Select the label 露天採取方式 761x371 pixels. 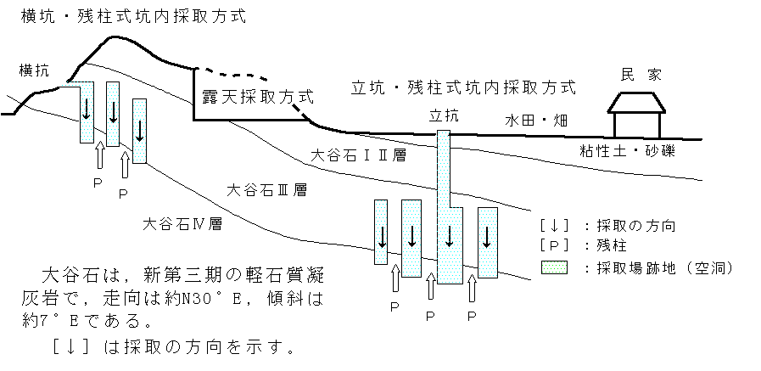(257, 97)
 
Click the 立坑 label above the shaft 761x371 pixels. (445, 115)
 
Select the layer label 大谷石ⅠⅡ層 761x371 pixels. (357, 156)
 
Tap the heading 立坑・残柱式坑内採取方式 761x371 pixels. (463, 87)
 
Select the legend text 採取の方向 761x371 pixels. (634, 226)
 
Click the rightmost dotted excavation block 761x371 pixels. (487, 242)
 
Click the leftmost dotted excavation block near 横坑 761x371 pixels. (87, 112)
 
